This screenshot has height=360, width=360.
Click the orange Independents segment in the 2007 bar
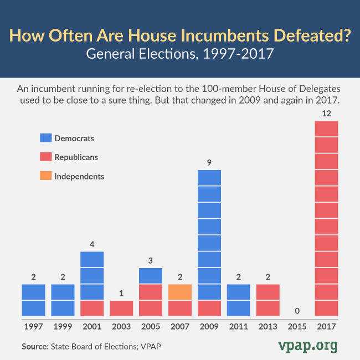point(180,292)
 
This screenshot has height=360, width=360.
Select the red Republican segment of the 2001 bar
point(92,308)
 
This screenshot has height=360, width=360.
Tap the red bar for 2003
point(121,308)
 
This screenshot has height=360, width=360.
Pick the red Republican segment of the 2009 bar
point(209,308)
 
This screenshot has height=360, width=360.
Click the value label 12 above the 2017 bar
point(326,113)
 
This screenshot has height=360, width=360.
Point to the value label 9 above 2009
point(209,162)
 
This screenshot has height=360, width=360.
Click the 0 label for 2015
point(297,310)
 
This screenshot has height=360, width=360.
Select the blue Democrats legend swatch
point(45,138)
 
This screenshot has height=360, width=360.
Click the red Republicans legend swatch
point(45,157)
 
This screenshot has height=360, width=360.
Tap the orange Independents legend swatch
point(45,177)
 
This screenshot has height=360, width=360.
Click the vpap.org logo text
point(307,346)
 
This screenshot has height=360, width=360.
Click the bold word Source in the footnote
point(35,347)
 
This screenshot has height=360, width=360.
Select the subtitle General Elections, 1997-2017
point(180,56)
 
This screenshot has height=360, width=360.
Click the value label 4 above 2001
point(92,244)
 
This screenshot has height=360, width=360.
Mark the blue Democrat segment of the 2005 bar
point(151,276)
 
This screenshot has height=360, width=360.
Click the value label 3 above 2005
point(151,260)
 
